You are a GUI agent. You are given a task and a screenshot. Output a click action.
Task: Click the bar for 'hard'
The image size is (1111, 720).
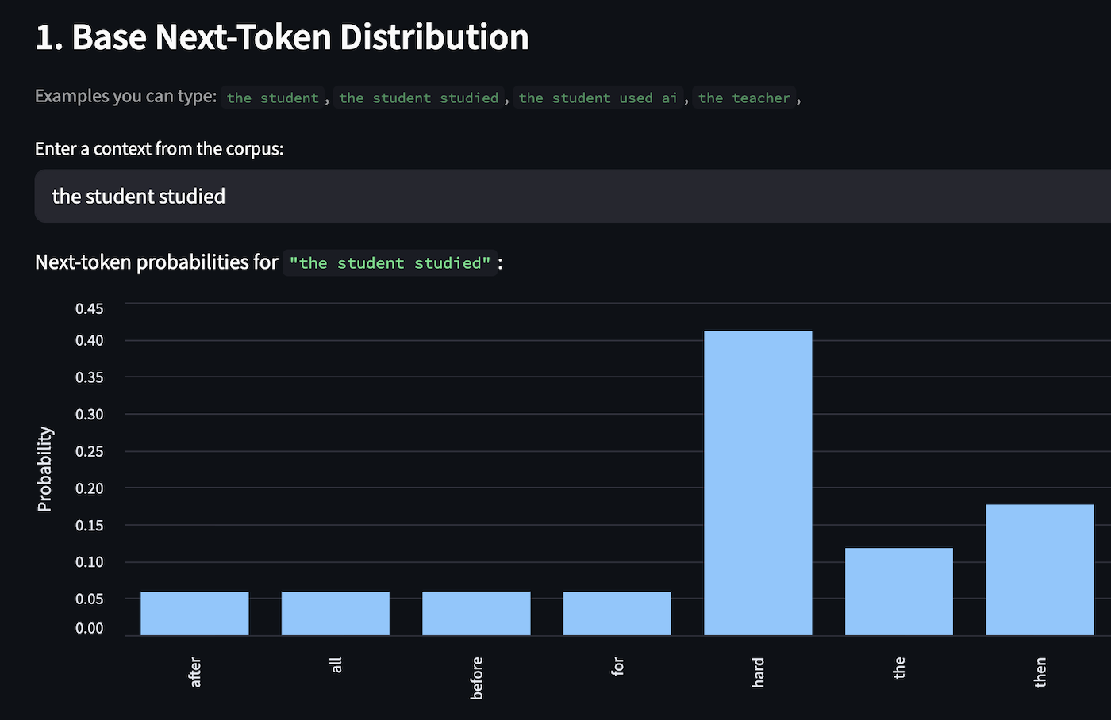[x=758, y=483]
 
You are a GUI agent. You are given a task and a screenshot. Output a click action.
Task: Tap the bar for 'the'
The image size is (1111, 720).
[x=898, y=592]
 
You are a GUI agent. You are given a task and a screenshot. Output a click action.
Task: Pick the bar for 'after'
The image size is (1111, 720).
[x=194, y=613]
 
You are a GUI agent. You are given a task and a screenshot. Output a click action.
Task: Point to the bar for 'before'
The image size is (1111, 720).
[x=476, y=613]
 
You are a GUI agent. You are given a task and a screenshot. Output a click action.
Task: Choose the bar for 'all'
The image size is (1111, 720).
[x=335, y=613]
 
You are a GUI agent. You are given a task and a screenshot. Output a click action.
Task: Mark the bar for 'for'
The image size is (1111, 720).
[x=617, y=613]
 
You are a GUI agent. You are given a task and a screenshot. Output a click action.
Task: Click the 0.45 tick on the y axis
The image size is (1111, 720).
[x=89, y=308]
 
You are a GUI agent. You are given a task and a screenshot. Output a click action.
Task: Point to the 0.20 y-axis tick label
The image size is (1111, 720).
[x=89, y=488]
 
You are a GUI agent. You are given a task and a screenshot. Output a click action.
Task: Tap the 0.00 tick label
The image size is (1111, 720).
[x=89, y=628]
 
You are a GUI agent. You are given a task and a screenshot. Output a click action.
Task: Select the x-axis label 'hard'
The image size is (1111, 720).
[x=758, y=672]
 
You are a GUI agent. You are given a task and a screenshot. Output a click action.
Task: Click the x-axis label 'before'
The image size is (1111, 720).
[x=476, y=678]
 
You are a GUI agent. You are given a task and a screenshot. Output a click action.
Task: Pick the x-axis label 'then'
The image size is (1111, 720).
[x=1040, y=672]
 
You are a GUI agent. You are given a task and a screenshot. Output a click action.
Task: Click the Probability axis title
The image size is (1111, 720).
[x=44, y=469]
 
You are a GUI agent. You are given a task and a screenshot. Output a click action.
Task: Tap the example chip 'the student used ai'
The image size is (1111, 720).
[x=598, y=98]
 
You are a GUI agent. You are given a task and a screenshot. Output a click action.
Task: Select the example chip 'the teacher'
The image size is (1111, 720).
[x=744, y=98]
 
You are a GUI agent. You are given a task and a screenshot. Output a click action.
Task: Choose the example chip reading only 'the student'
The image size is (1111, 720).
[x=272, y=98]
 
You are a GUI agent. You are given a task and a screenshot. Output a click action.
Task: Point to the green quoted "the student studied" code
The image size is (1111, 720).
[x=390, y=262]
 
